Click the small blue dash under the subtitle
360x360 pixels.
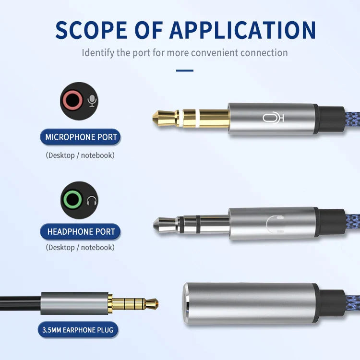click(184, 71)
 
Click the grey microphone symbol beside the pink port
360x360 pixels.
click(92, 101)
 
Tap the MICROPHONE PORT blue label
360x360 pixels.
click(81, 137)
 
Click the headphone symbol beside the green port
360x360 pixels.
click(92, 201)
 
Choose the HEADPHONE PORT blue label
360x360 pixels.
click(81, 232)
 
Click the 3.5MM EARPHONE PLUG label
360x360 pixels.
click(78, 330)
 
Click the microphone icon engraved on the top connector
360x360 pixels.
click(273, 118)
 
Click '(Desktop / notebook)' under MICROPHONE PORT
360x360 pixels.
click(80, 156)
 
